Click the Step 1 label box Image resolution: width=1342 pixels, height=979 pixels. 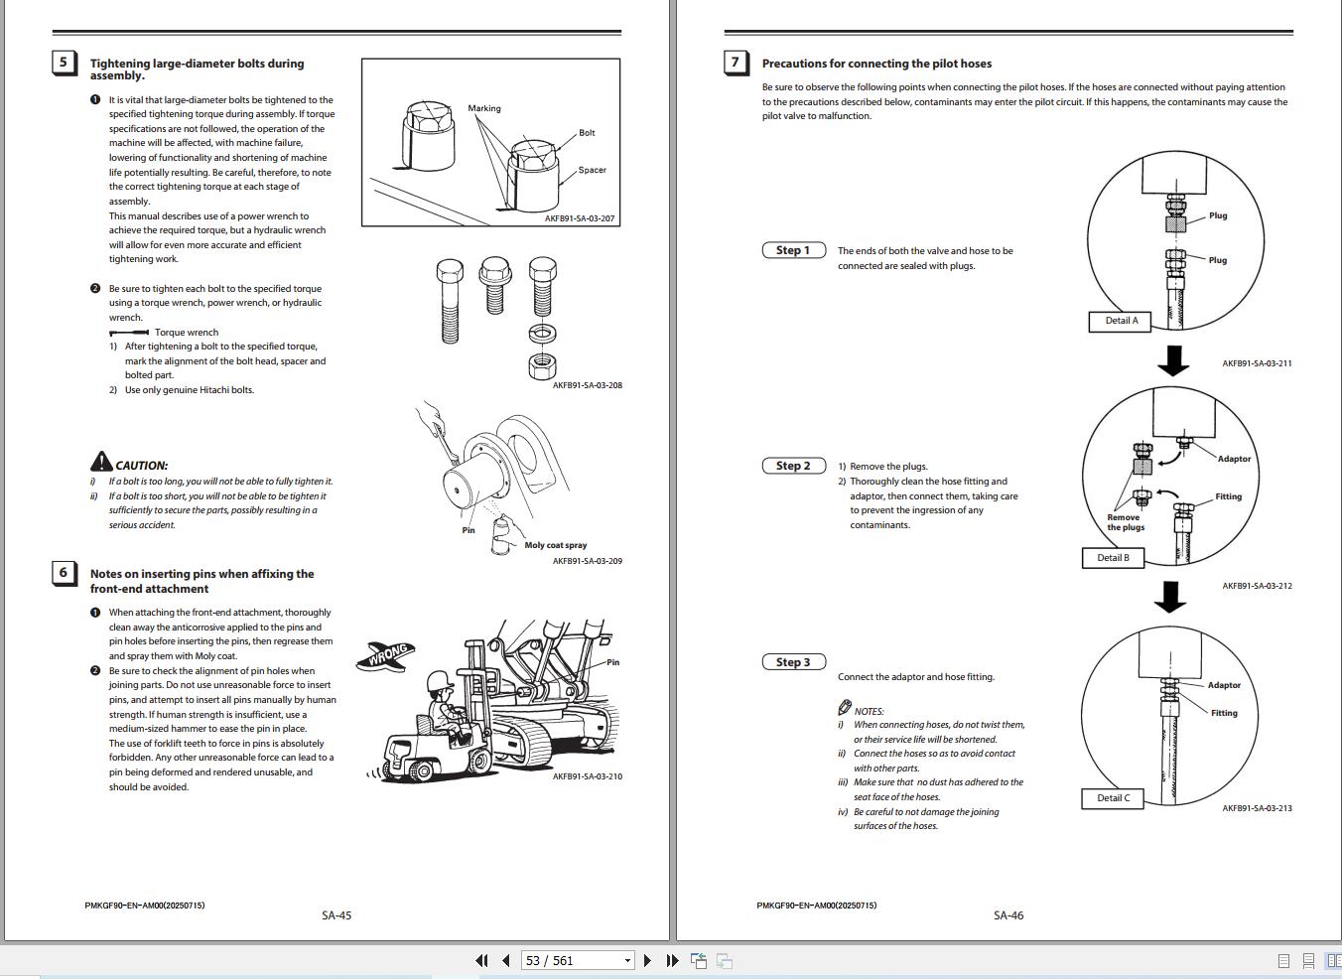click(x=793, y=250)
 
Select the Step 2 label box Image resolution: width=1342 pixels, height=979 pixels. click(x=793, y=466)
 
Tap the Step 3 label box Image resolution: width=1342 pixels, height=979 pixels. click(x=793, y=662)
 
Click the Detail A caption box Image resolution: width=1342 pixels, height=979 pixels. click(x=1121, y=321)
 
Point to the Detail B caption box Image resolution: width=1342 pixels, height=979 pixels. click(x=1113, y=558)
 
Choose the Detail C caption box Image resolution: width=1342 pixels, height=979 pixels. click(x=1113, y=798)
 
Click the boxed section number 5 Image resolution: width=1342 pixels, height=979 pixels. click(x=64, y=63)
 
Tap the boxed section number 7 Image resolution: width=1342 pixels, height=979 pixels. click(x=736, y=63)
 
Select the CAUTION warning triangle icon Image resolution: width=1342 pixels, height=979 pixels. click(x=101, y=462)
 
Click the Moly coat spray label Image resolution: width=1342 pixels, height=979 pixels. click(x=555, y=545)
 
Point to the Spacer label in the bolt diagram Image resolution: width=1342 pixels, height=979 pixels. click(x=592, y=170)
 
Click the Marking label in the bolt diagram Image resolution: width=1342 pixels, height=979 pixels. click(x=484, y=108)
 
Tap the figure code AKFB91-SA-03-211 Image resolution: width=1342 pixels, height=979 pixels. click(x=1257, y=363)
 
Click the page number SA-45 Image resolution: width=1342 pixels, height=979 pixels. click(x=336, y=915)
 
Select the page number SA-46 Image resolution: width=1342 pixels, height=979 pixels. click(x=1007, y=915)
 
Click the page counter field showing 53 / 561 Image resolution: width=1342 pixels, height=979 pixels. click(x=571, y=960)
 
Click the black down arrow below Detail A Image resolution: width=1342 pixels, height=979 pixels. click(x=1173, y=359)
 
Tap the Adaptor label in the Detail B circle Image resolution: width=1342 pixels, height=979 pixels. click(x=1234, y=459)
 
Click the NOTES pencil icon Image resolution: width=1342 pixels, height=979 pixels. click(x=845, y=708)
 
